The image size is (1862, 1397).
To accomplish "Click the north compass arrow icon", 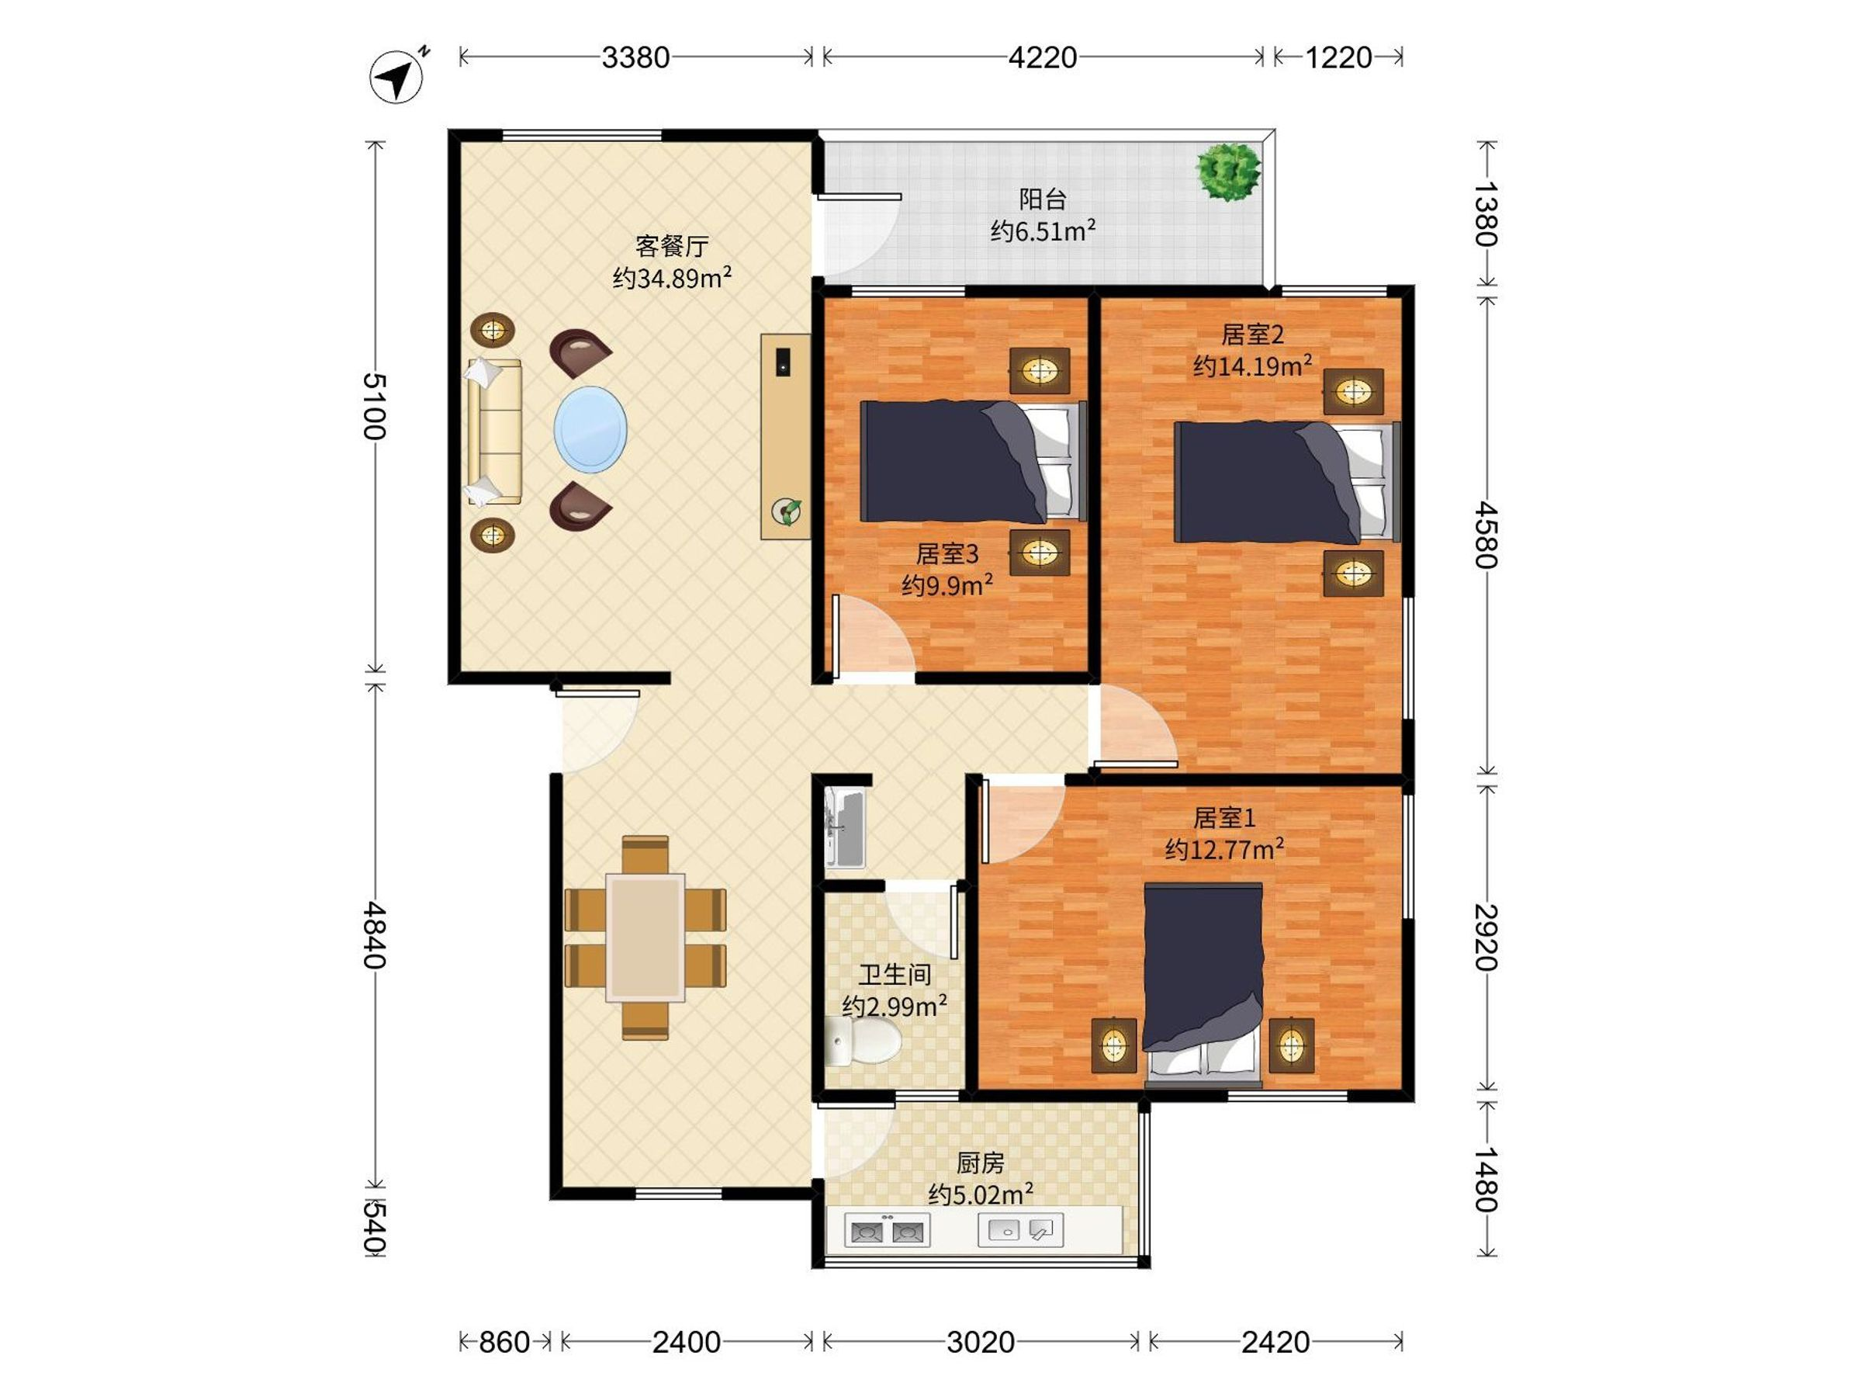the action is click(397, 77).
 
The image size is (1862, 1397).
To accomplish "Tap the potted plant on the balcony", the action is click(1228, 171).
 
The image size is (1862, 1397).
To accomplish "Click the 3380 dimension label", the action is click(635, 57).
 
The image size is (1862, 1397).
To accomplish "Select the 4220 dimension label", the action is click(1043, 57).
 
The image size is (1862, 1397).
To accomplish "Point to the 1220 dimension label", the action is click(1338, 57).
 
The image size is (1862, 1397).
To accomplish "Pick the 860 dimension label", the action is click(504, 1341).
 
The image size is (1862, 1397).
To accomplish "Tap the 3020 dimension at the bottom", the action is click(981, 1341).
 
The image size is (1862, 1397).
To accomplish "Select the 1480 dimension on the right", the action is click(1486, 1179).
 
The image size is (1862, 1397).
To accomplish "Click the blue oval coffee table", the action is click(590, 429).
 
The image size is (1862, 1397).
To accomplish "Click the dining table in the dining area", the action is click(645, 938).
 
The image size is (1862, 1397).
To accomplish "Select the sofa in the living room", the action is click(495, 432).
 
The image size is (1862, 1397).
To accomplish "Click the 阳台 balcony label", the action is click(1043, 199).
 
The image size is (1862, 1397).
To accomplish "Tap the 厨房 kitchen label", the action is click(981, 1163).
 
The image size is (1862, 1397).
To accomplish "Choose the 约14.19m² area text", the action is click(1252, 366).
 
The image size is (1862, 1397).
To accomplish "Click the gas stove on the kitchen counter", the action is click(888, 1231).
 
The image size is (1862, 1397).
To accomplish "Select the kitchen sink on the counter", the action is click(1021, 1230).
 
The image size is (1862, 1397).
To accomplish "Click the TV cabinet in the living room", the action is click(785, 436).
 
